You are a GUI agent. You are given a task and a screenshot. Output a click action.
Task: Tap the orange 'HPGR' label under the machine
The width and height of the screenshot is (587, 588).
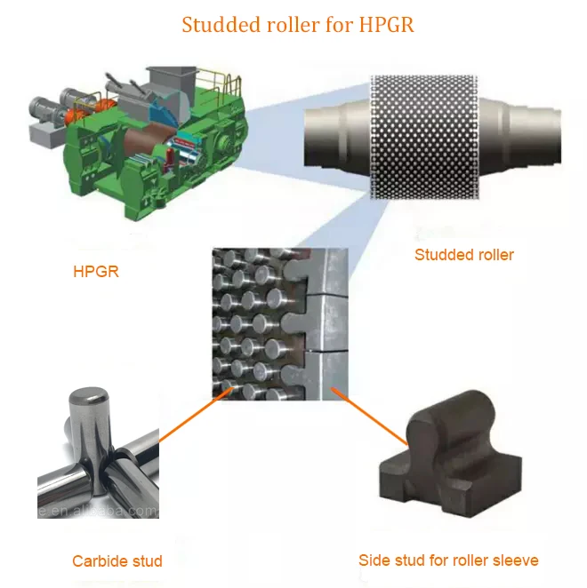(95, 272)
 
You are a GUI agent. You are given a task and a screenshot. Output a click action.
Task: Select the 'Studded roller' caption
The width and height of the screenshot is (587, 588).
(464, 255)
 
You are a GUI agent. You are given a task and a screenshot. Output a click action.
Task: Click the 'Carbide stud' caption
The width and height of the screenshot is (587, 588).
(117, 561)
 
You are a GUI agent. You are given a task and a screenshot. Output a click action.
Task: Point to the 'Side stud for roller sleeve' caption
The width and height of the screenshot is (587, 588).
(448, 560)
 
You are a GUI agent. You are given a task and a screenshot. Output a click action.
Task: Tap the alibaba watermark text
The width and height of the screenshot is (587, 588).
(107, 513)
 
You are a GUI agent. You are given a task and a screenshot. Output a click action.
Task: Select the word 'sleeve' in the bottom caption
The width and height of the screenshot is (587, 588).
(516, 560)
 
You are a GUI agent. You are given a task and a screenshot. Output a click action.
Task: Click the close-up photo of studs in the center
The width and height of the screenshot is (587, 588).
(276, 324)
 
